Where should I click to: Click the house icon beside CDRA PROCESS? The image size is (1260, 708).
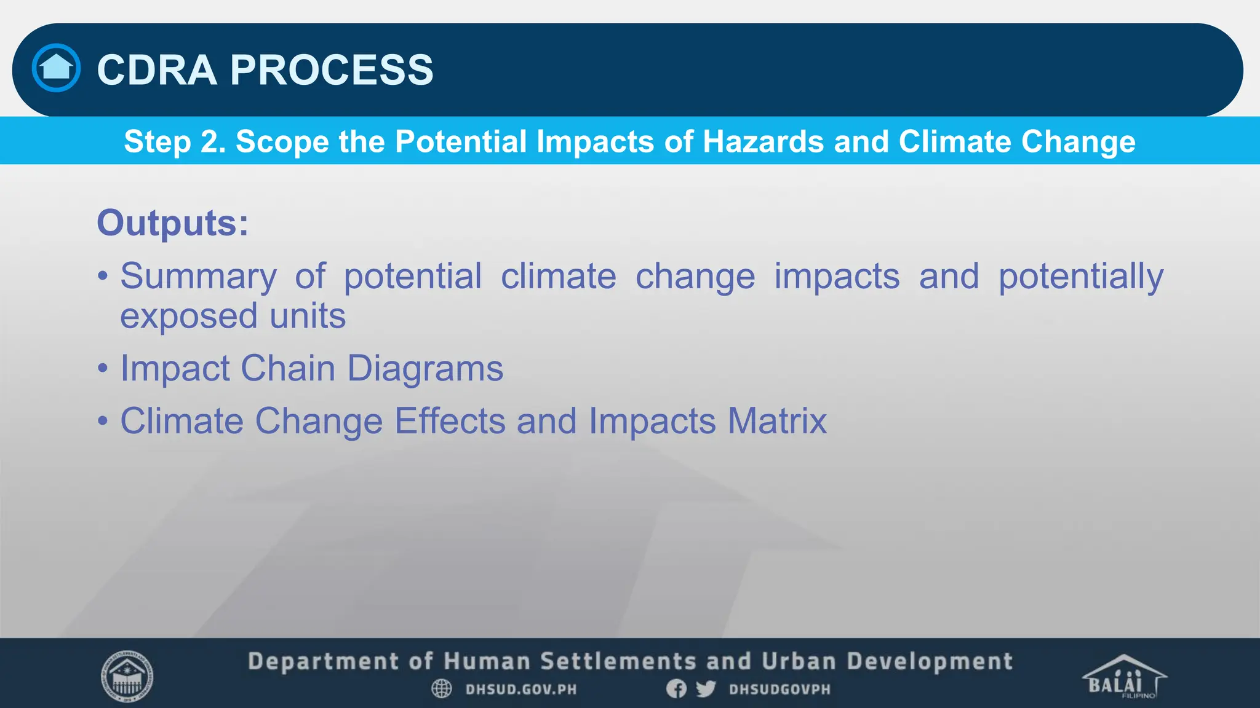(x=56, y=68)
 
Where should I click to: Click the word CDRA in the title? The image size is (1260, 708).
(x=157, y=69)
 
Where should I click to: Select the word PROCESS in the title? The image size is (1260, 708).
(x=332, y=69)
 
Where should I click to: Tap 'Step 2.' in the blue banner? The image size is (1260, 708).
(x=175, y=141)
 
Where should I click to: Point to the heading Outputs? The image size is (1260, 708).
(x=173, y=222)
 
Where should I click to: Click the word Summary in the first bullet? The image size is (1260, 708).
(x=198, y=276)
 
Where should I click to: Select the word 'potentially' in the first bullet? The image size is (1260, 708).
(x=1080, y=276)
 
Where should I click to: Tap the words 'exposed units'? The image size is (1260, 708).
(x=233, y=316)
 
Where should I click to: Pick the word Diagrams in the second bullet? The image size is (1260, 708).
(x=425, y=369)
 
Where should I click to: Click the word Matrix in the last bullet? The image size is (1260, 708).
(x=777, y=422)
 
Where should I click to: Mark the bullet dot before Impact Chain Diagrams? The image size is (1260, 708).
(x=103, y=369)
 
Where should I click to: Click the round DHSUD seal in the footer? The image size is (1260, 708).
(x=127, y=676)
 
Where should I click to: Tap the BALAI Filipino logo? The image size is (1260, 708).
(x=1123, y=677)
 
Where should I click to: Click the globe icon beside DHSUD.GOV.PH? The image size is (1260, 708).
(x=441, y=689)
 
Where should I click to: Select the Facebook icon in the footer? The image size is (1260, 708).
(x=676, y=689)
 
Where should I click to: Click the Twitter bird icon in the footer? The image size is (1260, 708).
(x=706, y=689)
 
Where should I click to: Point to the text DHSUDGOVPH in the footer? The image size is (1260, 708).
(x=780, y=690)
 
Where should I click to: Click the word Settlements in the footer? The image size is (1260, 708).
(x=618, y=662)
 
